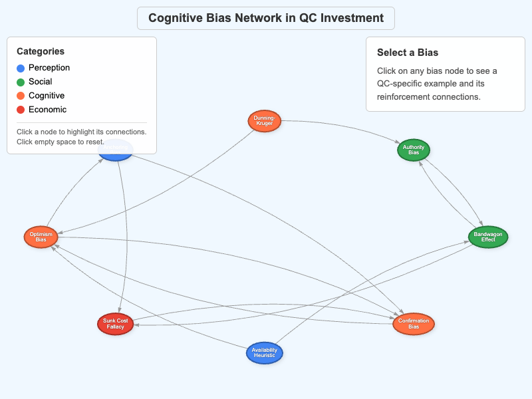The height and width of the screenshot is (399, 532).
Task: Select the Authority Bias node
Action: coord(414,150)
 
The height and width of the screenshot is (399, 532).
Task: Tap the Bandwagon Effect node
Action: coord(488,237)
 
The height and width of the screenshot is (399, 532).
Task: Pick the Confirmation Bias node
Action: coord(414,324)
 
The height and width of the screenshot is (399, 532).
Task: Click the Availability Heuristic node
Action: coord(265,352)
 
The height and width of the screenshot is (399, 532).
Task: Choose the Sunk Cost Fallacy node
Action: coord(116,324)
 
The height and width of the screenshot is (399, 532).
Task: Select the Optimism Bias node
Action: coord(41,237)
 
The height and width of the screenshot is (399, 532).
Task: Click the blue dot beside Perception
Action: coord(21,68)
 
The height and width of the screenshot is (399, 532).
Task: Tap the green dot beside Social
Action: coord(21,82)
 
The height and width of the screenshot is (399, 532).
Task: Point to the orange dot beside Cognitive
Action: coord(21,96)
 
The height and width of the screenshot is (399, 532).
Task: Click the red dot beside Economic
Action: coord(21,110)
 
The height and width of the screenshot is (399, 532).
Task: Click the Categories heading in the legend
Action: coord(41,51)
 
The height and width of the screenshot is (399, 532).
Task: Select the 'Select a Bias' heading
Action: coord(408,53)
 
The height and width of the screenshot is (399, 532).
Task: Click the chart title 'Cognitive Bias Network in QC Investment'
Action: coord(266,18)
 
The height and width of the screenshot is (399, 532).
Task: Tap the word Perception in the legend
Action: coord(49,68)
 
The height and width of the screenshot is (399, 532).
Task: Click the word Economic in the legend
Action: coord(47,110)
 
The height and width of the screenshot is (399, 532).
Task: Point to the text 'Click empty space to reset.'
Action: coord(61,142)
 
